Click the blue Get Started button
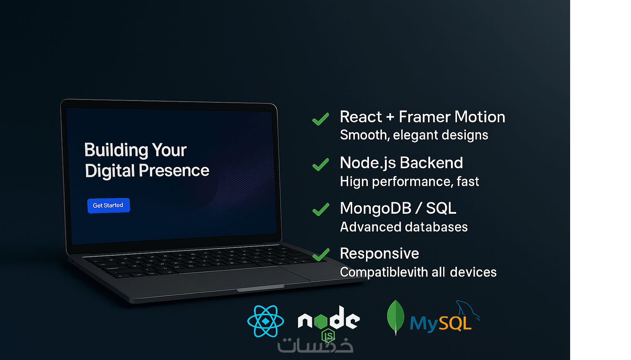tap(108, 205)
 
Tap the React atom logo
tap(265, 321)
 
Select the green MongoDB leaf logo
tap(396, 317)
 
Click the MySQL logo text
tap(441, 323)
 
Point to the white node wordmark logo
tap(329, 318)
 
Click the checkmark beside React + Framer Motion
tap(321, 119)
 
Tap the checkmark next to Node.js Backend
tap(321, 164)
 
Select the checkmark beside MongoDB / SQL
tap(321, 209)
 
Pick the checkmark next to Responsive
tap(321, 255)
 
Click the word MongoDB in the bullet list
tap(376, 208)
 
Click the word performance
tap(412, 182)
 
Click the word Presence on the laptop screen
tap(174, 170)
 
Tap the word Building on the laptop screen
tap(116, 150)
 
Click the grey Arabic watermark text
tap(315, 345)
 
